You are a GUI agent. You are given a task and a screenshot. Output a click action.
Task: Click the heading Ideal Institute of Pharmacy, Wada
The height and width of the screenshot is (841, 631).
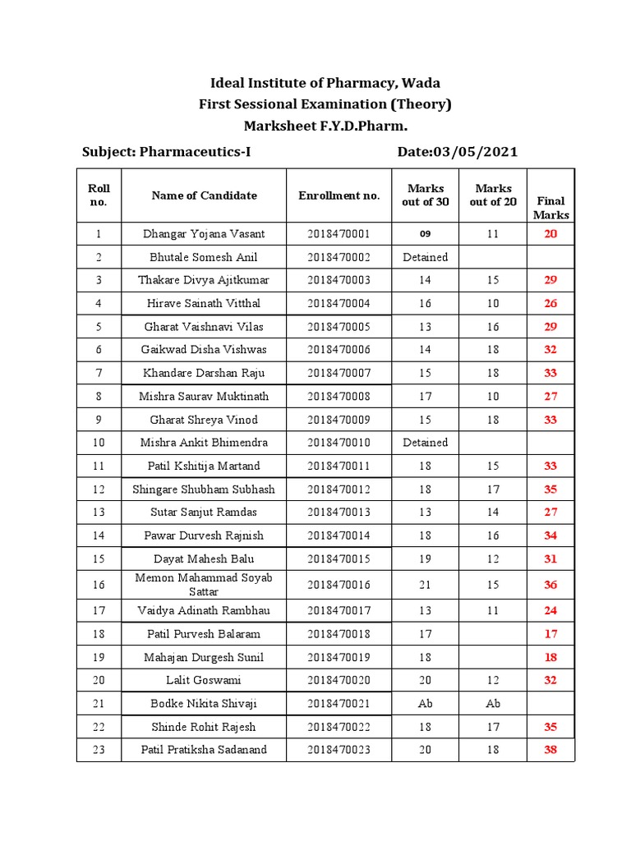coord(325,83)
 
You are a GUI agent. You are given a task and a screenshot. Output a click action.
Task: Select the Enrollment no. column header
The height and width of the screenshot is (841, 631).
coord(339,195)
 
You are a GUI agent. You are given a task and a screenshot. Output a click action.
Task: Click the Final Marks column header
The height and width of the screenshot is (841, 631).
coord(550,207)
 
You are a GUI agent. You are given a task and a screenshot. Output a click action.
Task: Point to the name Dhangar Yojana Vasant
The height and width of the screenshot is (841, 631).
coord(204,234)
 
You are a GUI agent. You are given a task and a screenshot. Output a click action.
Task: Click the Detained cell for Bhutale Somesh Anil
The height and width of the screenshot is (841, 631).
coord(425,257)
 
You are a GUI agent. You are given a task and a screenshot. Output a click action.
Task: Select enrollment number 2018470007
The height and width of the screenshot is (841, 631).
coord(339,373)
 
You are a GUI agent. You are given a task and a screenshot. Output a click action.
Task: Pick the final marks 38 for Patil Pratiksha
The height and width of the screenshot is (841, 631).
coord(550,750)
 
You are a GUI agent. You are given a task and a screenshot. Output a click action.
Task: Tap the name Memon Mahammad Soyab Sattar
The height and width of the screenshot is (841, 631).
coord(204,584)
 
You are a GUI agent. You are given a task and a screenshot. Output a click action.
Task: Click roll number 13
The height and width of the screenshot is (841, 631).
coord(99,512)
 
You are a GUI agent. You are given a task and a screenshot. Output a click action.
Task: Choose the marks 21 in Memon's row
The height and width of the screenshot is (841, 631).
coord(425,584)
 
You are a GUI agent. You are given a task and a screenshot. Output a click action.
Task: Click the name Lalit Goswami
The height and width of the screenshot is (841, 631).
coord(204,680)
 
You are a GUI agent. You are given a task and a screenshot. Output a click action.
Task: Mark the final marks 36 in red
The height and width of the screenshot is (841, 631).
coord(550,585)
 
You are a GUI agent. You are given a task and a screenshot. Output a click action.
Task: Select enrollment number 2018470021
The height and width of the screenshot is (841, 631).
coord(339,704)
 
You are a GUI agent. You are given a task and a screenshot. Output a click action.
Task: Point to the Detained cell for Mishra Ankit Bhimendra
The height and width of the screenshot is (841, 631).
coord(425,443)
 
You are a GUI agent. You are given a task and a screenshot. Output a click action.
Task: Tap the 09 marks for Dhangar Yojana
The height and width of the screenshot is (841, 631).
coord(425,234)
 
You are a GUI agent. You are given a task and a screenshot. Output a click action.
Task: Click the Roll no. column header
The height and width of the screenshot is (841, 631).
coord(99,195)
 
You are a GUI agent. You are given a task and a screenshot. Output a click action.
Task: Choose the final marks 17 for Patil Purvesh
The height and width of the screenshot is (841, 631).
coord(550,634)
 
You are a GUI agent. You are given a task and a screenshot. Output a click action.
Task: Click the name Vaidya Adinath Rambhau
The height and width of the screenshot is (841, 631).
coord(204,611)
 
